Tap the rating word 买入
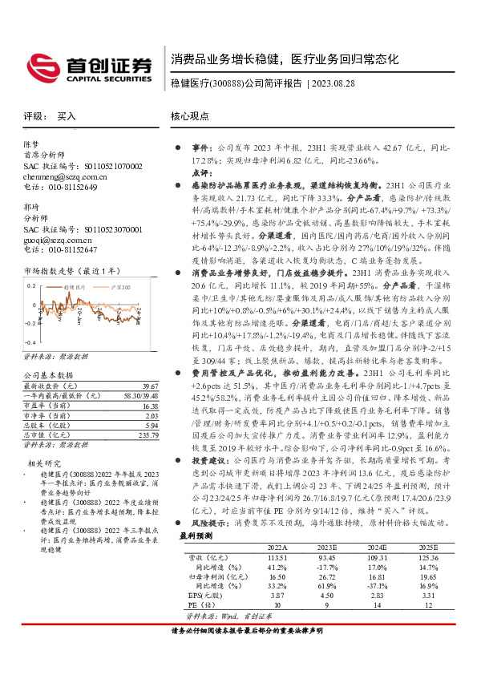(67, 116)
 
